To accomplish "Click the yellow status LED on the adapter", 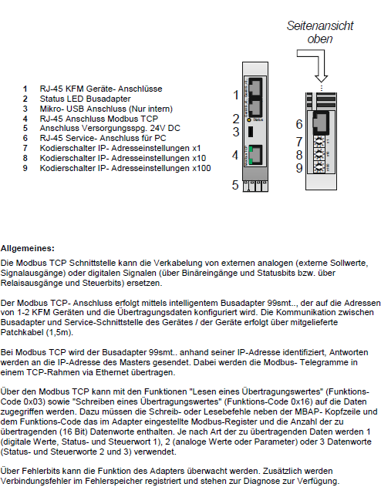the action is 249,120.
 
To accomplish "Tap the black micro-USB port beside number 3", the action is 251,132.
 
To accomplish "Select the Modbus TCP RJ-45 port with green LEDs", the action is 255,155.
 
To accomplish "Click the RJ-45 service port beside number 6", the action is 320,123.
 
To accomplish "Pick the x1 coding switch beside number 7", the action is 319,142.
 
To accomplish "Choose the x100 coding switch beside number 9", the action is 319,167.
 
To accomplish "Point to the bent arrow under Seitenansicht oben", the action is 315,65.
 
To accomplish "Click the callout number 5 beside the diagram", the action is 235,185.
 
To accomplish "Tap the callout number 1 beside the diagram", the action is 236,95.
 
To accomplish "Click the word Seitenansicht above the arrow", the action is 320,25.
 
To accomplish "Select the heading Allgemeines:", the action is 27,248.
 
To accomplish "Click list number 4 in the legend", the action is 25,119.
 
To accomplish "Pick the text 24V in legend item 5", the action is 158,128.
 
